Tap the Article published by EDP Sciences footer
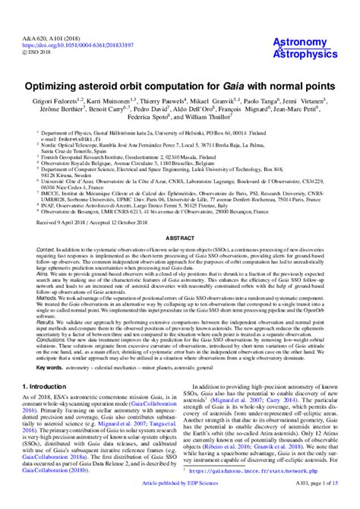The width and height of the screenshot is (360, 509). pyautogui.click(x=180, y=502)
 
